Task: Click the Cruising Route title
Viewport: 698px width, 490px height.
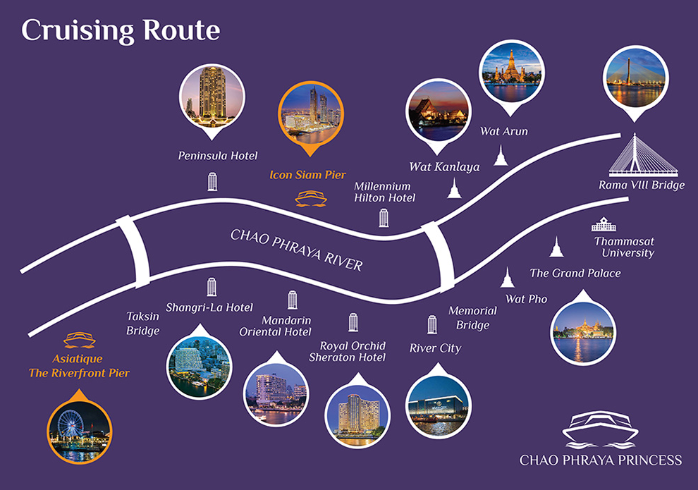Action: tap(121, 31)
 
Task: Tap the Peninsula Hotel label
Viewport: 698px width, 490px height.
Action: tap(218, 156)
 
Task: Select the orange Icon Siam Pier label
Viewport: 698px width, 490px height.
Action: tap(307, 175)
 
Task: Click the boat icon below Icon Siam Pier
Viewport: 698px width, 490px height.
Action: tap(311, 199)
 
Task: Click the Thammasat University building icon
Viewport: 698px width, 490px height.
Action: tap(604, 224)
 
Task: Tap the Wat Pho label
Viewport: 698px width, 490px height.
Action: tap(526, 299)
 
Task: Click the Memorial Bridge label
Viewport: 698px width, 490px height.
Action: tap(473, 318)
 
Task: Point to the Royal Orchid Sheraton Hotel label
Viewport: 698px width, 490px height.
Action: tap(348, 352)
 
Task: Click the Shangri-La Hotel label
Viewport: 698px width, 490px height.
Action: tap(209, 307)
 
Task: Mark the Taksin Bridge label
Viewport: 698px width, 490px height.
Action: tap(143, 324)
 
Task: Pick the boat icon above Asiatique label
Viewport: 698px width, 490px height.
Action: tap(80, 340)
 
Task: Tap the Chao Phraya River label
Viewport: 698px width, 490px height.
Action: tap(296, 250)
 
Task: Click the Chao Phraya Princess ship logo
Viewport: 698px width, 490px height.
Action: tap(601, 429)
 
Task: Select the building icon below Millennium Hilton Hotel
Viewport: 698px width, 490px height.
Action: tap(384, 218)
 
